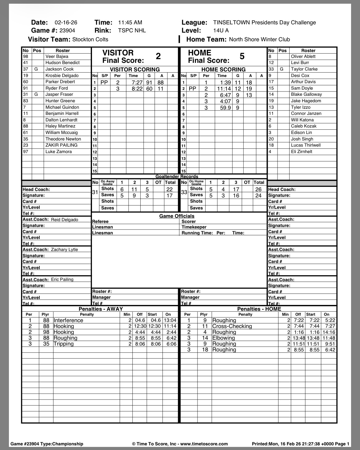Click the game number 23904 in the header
[67, 30]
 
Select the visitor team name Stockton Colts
[90, 39]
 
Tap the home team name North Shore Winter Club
[259, 39]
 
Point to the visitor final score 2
[158, 56]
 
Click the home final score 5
[242, 56]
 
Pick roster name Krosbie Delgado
[62, 75]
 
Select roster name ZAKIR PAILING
[62, 145]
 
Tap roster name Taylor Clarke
[304, 69]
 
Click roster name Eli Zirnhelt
[302, 152]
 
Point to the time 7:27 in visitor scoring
[137, 83]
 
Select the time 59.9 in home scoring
[225, 108]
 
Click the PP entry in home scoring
[192, 89]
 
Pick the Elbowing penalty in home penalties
[223, 338]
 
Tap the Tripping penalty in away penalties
[63, 344]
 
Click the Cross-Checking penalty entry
[232, 326]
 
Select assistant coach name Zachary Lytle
[64, 249]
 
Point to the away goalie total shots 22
[170, 189]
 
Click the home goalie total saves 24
[258, 196]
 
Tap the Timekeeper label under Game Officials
[194, 227]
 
